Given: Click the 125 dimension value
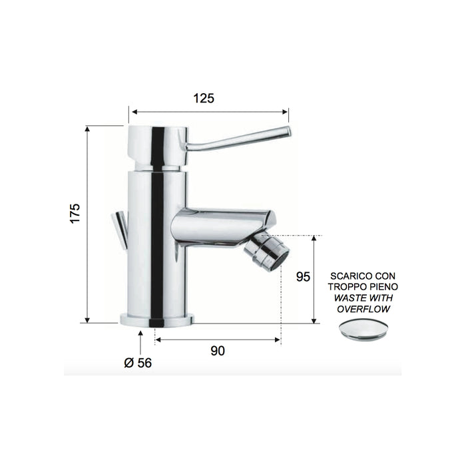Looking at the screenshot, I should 204,99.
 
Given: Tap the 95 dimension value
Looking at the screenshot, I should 304,276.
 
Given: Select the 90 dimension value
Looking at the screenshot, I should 218,351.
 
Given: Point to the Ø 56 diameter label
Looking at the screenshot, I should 138,363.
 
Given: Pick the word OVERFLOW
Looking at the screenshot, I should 363,309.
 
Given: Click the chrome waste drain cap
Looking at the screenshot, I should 363,329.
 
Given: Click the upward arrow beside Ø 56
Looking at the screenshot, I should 140,340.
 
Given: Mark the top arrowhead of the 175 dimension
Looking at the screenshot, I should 88,128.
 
